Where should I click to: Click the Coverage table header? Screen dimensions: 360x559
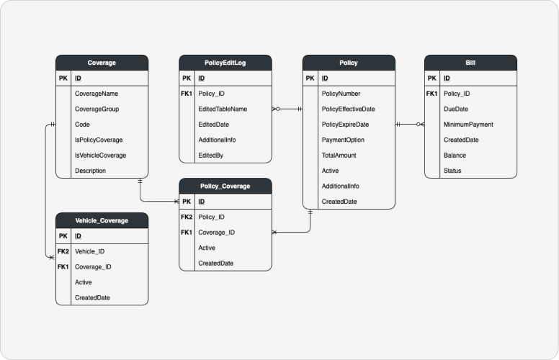[102, 63]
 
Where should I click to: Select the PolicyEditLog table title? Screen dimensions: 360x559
[225, 63]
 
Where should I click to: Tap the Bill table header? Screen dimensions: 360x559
[470, 63]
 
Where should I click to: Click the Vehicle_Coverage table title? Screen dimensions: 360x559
[102, 220]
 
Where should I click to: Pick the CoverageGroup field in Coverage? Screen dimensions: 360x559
[97, 109]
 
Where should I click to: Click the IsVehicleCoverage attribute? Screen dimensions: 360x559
[100, 156]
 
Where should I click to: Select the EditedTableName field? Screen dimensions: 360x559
[223, 109]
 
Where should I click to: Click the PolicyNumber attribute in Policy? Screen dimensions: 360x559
[341, 94]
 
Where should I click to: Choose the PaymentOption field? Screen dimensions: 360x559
[343, 140]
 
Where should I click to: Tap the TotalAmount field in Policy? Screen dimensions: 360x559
[339, 156]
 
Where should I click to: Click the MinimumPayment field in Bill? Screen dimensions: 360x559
[468, 125]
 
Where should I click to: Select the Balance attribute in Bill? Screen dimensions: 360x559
[455, 156]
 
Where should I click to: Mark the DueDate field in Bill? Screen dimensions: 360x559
[456, 109]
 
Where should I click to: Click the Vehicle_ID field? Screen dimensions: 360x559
[89, 251]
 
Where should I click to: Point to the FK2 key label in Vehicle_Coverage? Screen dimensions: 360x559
[63, 251]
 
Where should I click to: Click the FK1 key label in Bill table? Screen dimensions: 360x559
[431, 94]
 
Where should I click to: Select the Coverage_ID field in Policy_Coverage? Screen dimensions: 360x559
[217, 233]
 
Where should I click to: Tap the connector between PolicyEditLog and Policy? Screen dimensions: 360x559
[287, 109]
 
